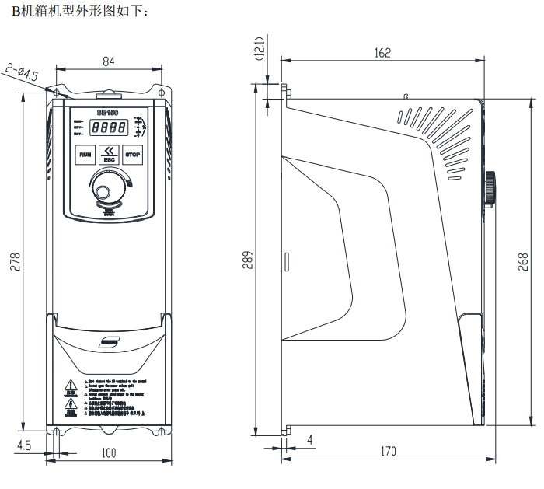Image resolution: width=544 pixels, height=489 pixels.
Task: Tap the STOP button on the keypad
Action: pos(133,155)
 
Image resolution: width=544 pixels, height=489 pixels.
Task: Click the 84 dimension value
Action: pos(109,61)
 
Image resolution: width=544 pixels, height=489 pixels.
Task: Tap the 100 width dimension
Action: pos(108,452)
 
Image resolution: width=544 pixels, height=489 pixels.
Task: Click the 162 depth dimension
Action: pos(382,53)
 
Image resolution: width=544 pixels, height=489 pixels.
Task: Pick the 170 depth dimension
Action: pos(388,451)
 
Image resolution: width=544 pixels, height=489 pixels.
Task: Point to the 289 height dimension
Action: pos(247,260)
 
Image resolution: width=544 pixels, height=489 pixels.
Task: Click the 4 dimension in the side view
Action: pos(310,441)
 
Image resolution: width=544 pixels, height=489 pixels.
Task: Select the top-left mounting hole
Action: pos(56,93)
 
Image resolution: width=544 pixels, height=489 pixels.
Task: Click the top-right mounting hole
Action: pos(161,93)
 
